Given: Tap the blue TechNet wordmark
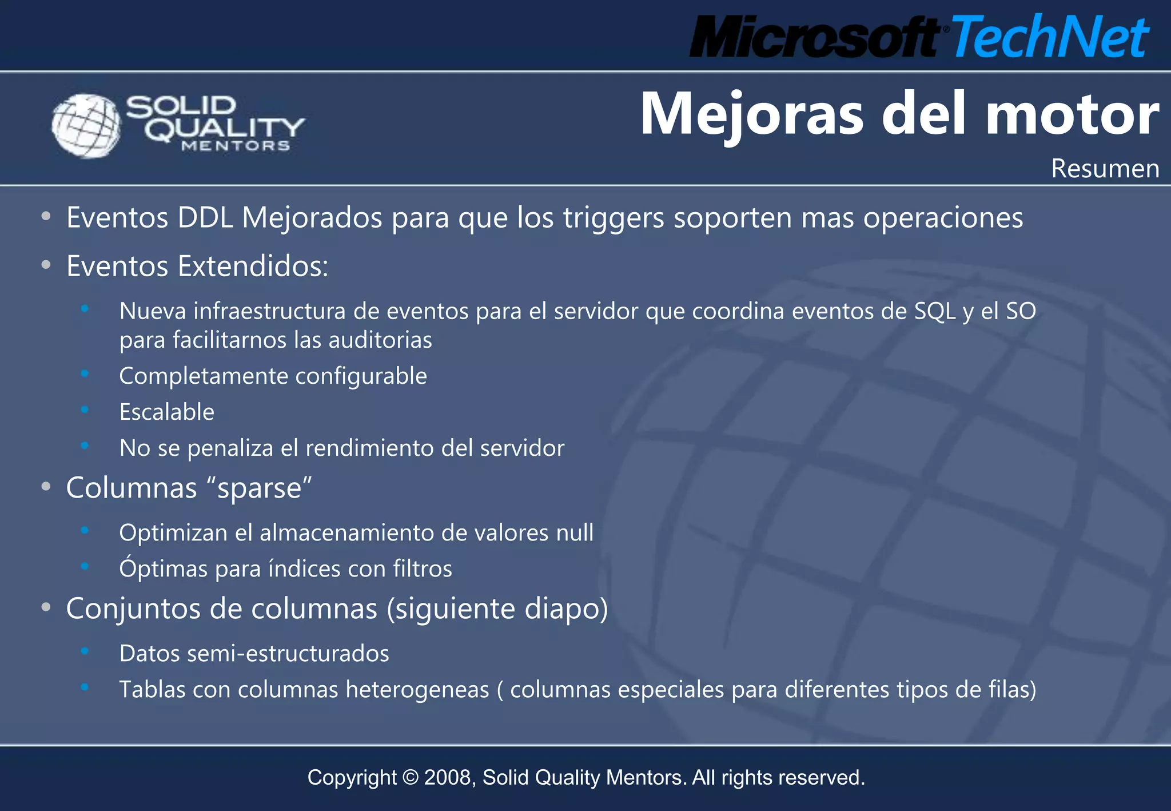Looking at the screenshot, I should [1050, 37].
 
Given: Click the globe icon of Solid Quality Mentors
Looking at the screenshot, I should [86, 125].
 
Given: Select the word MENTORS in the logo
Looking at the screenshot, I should [236, 146].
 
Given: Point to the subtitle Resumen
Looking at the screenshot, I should [1105, 169].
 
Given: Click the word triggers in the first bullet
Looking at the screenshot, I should [614, 218].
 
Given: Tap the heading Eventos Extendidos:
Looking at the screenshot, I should [197, 267].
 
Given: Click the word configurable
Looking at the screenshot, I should [361, 376].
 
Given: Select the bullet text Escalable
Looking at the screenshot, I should [166, 412].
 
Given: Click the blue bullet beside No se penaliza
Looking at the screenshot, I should [85, 446].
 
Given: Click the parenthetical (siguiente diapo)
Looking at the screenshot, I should [497, 609].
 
